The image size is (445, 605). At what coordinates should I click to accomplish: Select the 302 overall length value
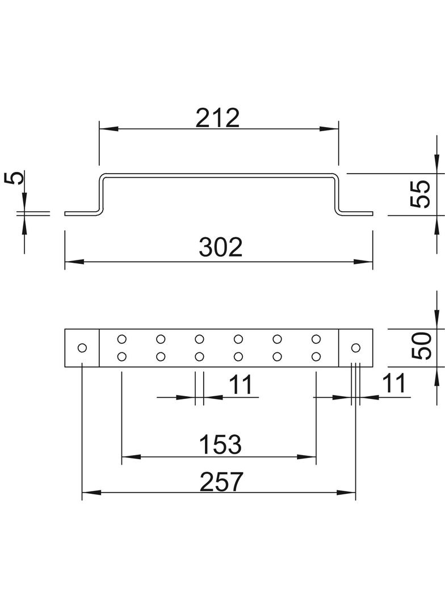click(x=221, y=247)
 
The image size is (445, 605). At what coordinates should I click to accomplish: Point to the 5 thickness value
click(x=14, y=178)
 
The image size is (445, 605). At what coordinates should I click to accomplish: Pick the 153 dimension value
click(x=220, y=444)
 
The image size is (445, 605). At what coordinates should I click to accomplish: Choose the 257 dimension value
click(x=221, y=481)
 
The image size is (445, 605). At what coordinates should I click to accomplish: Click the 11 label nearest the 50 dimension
click(x=394, y=383)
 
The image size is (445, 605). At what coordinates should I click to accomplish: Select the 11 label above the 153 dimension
click(x=241, y=385)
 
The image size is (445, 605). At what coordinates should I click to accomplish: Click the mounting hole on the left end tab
click(x=82, y=348)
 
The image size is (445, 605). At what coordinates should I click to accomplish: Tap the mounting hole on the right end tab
click(x=355, y=348)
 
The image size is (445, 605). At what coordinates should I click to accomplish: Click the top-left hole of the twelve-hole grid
click(x=121, y=339)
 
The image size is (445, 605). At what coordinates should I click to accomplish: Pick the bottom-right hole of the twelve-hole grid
click(x=316, y=356)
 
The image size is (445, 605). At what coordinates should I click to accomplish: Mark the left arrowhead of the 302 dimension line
click(x=74, y=262)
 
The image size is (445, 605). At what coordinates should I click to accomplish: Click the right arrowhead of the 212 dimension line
click(x=329, y=129)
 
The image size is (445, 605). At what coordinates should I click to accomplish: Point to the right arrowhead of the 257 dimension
click(x=346, y=493)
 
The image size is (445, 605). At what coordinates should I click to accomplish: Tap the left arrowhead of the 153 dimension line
click(x=131, y=457)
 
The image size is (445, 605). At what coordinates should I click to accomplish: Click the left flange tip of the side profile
click(x=65, y=213)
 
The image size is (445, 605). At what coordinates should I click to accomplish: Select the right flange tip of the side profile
click(x=373, y=213)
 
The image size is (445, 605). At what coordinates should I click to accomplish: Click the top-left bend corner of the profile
click(x=103, y=177)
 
